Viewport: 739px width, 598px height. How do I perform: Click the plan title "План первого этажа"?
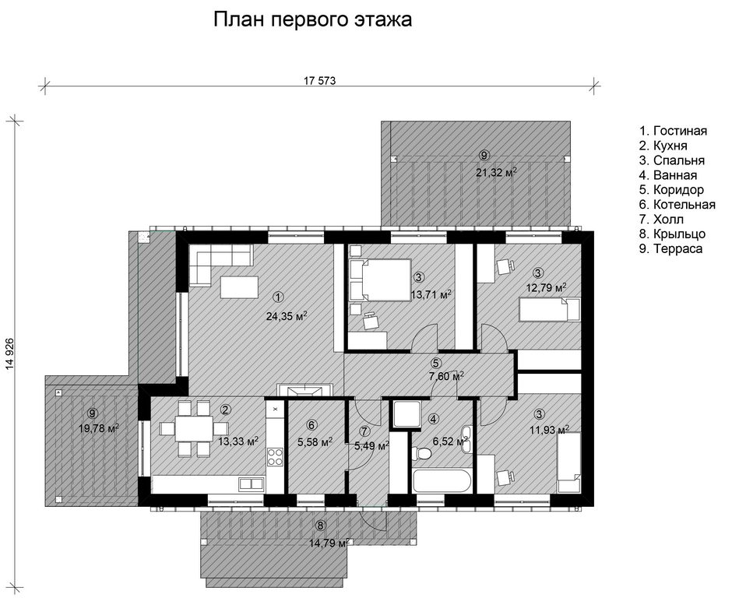312,20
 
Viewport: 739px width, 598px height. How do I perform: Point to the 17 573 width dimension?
319,80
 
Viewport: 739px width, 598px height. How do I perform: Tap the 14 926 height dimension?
10,354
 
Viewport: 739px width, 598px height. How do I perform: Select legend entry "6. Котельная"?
677,205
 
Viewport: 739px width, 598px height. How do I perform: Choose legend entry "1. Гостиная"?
673,131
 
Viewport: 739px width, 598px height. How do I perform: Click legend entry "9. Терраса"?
670,249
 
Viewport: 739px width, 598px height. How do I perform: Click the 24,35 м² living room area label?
287,316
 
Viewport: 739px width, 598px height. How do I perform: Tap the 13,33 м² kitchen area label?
238,441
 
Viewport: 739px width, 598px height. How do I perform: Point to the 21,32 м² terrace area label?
496,173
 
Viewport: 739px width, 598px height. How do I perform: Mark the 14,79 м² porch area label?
329,543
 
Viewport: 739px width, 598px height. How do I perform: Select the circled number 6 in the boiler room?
311,425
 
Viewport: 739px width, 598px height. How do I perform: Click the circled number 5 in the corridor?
436,363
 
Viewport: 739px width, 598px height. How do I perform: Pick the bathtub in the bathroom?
442,482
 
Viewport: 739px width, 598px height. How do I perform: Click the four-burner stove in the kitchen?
275,456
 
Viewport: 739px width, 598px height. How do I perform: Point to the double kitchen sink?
251,484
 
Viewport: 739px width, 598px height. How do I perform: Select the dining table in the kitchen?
194,428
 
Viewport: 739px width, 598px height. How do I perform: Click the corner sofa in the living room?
220,265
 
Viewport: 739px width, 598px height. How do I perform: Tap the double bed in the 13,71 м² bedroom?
380,280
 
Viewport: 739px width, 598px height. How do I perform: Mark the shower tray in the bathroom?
406,413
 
